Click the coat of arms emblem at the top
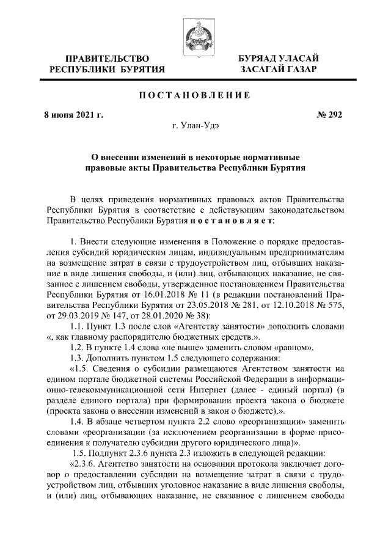pos(195,30)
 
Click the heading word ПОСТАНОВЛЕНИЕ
pos(195,95)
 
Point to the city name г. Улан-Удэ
pos(195,127)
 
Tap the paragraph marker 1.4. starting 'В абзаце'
pos(79,423)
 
